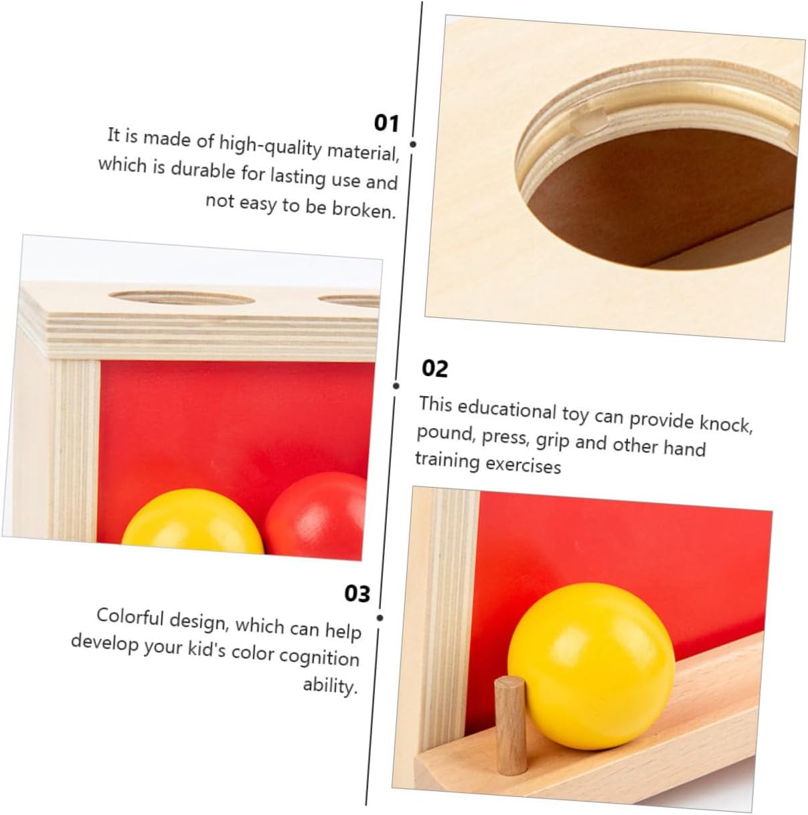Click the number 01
point(386,123)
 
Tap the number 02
point(434,369)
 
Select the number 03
point(357,593)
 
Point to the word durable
point(203,170)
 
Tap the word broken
point(363,209)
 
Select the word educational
point(507,410)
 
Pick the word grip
point(552,441)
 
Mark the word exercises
point(523,464)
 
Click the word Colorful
point(130,617)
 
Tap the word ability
point(331,685)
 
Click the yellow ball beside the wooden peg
point(591,667)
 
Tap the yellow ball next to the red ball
point(193,521)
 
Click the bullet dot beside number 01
point(413,145)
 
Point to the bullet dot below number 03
point(380,618)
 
